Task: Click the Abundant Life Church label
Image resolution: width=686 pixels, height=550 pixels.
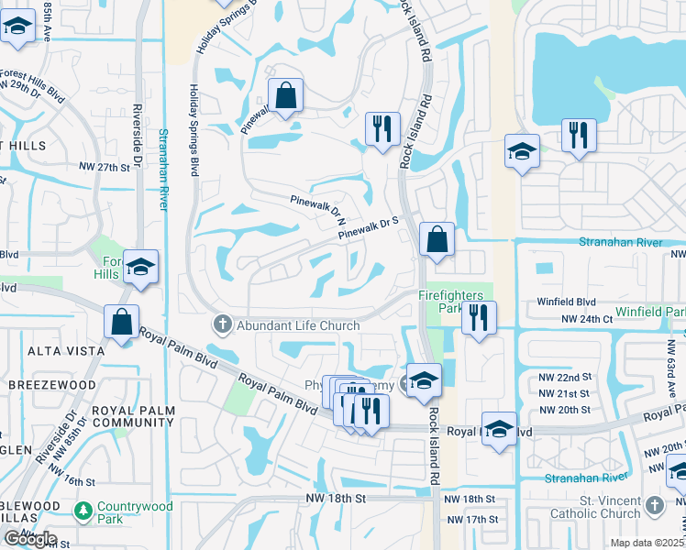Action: pos(298,324)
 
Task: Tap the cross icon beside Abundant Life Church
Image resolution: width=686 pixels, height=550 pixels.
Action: pos(221,324)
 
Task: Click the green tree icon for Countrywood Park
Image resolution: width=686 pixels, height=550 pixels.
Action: pos(83,510)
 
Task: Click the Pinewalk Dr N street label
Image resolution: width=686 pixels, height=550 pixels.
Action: pos(316,208)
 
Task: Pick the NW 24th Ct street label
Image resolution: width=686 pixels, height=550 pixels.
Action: pos(586,319)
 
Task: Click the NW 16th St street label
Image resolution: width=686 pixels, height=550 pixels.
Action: pos(80,481)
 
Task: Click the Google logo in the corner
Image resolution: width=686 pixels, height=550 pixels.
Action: pos(29,539)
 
